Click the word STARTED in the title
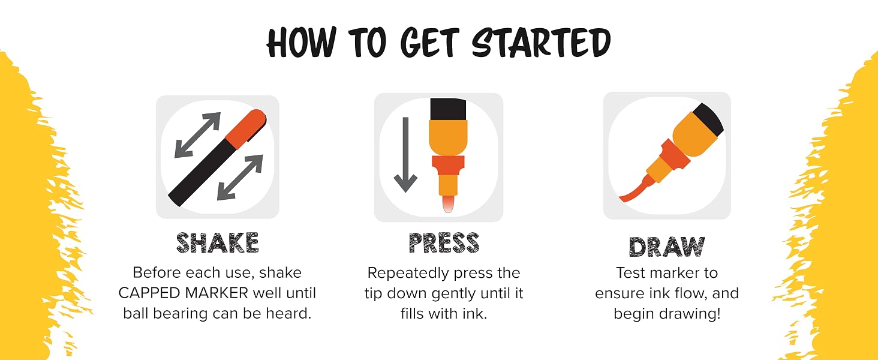[x=541, y=43]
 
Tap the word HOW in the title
[x=301, y=43]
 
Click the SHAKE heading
[x=218, y=243]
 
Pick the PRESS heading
[x=444, y=243]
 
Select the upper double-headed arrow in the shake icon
[x=197, y=135]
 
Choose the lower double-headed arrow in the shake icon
[x=240, y=178]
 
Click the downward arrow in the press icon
[x=405, y=155]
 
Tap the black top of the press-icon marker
[x=448, y=109]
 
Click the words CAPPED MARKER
[x=184, y=293]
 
